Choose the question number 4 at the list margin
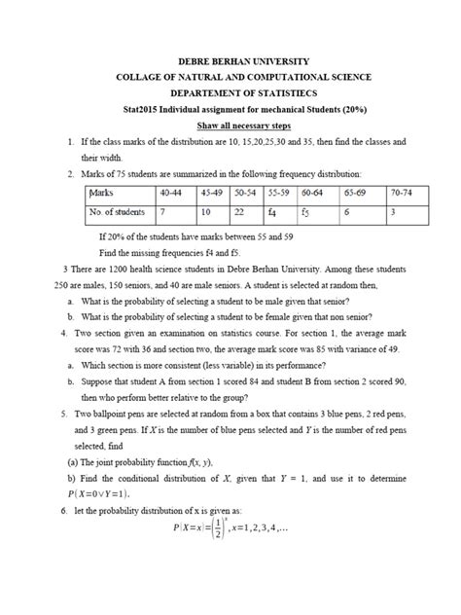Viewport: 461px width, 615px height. [61, 332]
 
